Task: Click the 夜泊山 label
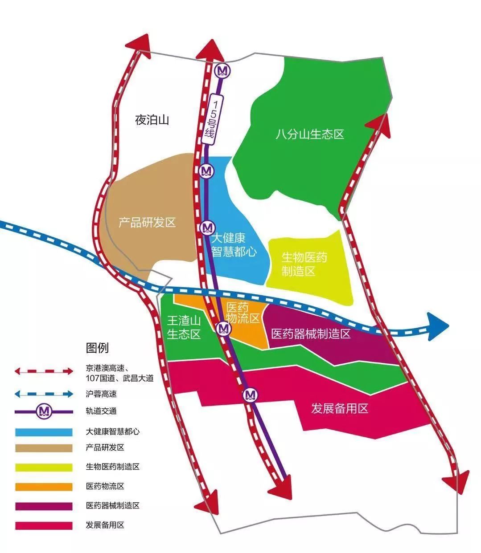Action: pos(152,120)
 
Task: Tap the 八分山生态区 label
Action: pos(310,134)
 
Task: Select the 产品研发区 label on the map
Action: pos(147,223)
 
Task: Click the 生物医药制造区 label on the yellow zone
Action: pos(304,264)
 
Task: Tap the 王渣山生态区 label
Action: pos(184,328)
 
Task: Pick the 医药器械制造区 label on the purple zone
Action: pos(311,334)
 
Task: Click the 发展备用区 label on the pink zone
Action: pos(340,408)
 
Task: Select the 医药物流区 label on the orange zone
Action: pos(243,313)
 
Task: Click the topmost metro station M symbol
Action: pos(222,70)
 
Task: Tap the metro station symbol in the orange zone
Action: pos(223,329)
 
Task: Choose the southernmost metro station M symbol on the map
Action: pos(250,395)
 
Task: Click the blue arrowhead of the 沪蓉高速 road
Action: pos(437,326)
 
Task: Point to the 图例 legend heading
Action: pos(97,348)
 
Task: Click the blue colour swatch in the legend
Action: pos(44,432)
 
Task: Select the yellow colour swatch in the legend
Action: pos(44,468)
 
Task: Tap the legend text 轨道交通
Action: pos(101,411)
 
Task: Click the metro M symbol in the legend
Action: pos(44,411)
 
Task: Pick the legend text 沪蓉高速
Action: pos(101,394)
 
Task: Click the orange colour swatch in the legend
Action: pos(44,487)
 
